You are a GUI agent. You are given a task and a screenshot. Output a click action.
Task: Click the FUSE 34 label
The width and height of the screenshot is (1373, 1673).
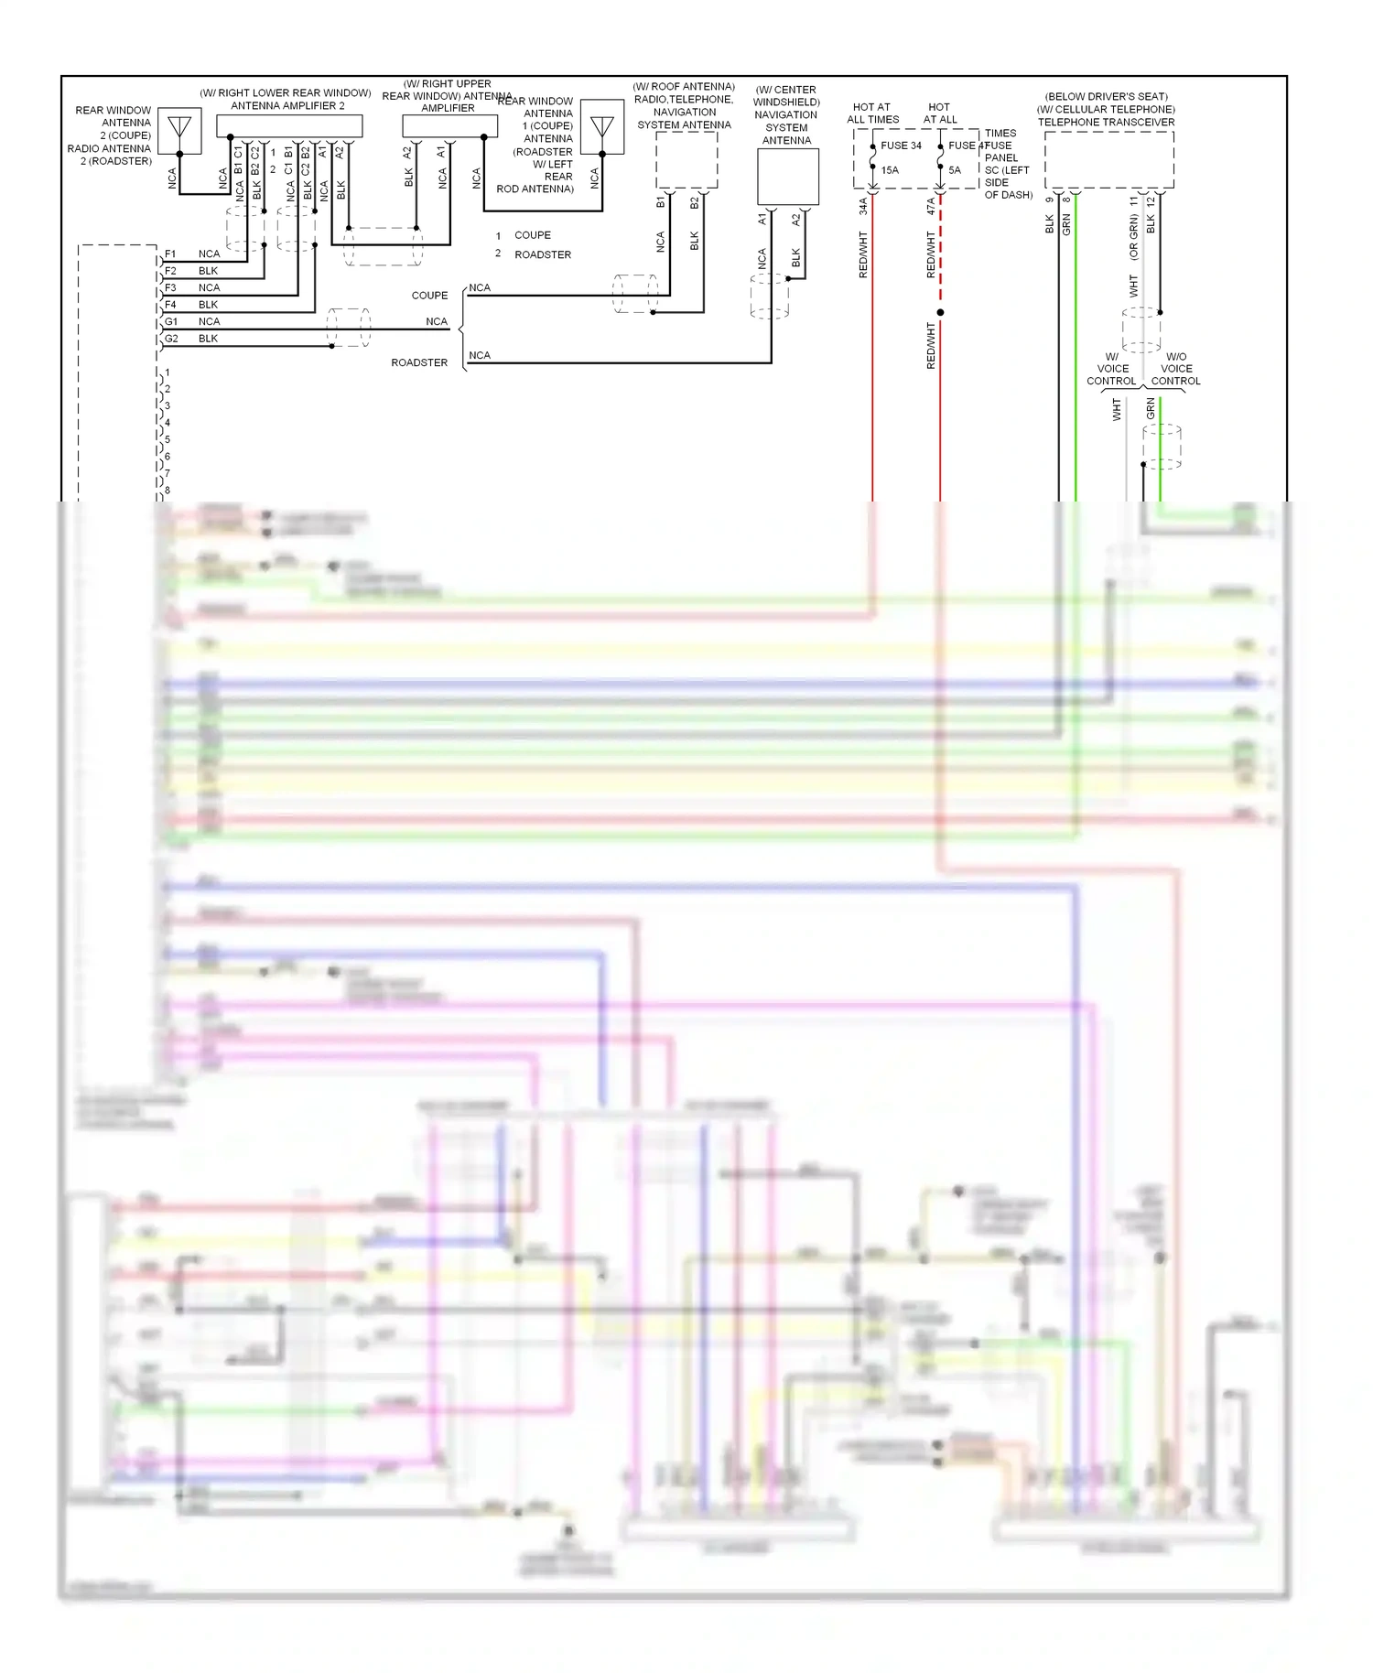click(x=901, y=146)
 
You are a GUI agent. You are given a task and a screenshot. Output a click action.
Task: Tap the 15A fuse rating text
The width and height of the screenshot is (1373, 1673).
click(x=890, y=170)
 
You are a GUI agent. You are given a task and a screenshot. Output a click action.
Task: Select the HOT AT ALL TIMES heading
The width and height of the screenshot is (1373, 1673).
click(x=872, y=113)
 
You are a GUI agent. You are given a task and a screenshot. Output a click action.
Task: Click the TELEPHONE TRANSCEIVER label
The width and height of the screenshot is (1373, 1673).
click(x=1106, y=122)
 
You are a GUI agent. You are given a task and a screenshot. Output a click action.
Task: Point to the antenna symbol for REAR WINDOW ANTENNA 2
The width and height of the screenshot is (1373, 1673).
click(x=179, y=129)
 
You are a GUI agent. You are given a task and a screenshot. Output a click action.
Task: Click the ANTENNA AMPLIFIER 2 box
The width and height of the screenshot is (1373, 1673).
click(x=289, y=125)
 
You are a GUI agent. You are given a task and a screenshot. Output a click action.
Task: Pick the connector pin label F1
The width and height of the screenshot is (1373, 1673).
click(x=170, y=254)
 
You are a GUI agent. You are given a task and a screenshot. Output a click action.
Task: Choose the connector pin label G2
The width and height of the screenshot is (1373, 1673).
click(x=171, y=339)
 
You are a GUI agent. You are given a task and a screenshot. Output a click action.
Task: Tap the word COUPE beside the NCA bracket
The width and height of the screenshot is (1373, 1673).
click(x=429, y=296)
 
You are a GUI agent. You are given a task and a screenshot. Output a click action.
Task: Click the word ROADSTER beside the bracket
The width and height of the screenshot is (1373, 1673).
click(x=419, y=363)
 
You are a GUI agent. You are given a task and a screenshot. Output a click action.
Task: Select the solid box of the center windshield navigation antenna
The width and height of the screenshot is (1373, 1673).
click(x=787, y=177)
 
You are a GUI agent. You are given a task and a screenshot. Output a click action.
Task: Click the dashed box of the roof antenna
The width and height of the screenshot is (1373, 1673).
click(x=686, y=160)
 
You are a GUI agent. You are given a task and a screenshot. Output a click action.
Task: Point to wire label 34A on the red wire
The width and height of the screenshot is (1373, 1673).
click(x=863, y=207)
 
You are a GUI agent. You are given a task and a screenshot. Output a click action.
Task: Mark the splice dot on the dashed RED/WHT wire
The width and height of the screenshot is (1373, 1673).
click(x=940, y=312)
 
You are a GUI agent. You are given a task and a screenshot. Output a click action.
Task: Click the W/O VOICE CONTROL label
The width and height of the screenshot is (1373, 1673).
click(x=1175, y=369)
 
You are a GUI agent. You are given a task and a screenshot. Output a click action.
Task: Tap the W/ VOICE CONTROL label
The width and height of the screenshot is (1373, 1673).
click(x=1111, y=369)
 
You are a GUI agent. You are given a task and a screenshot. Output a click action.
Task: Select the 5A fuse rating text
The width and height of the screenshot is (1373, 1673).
click(x=955, y=170)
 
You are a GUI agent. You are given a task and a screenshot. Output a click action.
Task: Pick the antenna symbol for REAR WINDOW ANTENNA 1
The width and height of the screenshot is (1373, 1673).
click(x=602, y=126)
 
